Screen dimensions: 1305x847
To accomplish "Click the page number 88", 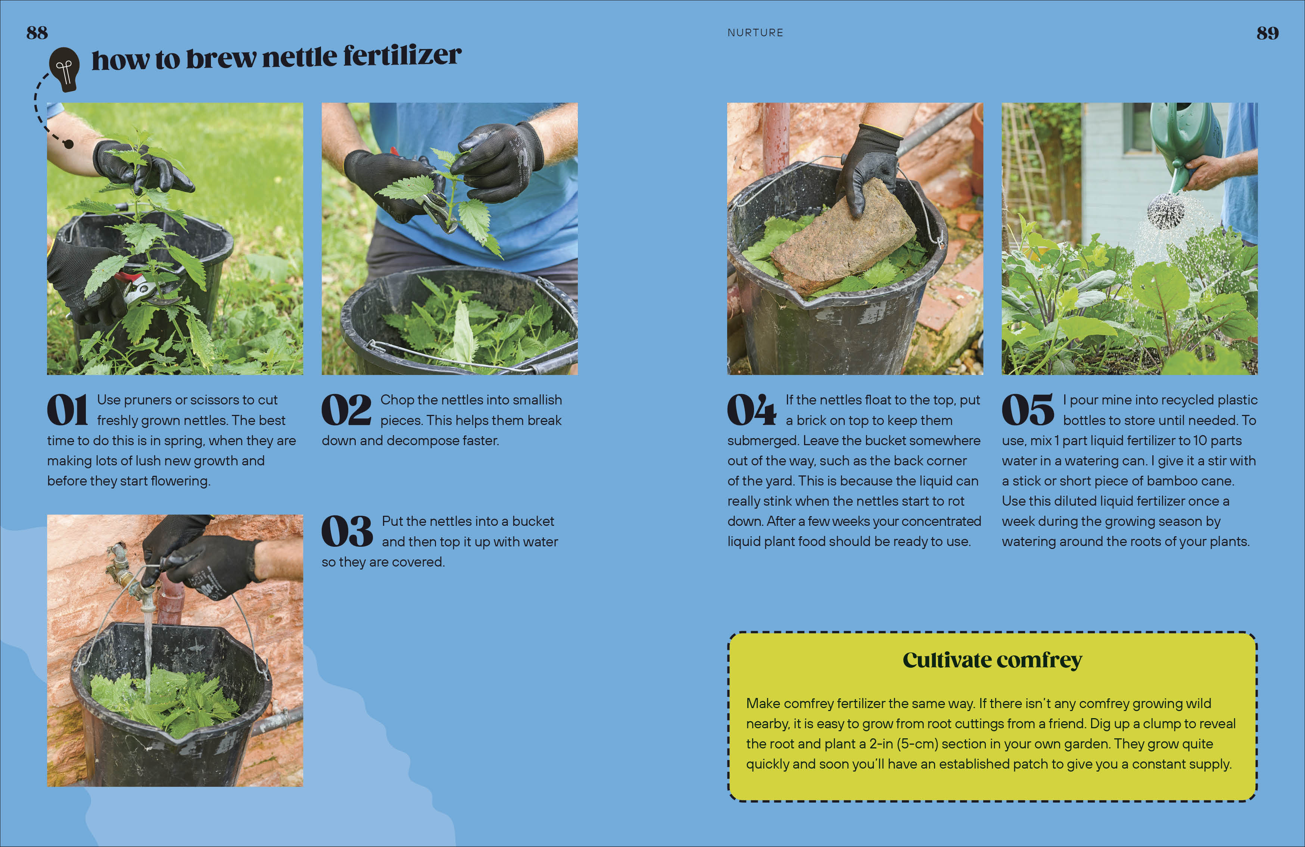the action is [37, 33].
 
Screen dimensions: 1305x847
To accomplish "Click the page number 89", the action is [1267, 33].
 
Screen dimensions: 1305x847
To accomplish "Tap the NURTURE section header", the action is [755, 33].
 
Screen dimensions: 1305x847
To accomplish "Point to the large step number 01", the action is [67, 410].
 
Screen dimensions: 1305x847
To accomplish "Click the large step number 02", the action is [346, 410].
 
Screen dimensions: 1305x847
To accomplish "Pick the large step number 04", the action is [751, 410].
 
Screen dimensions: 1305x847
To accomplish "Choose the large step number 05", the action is [1028, 410].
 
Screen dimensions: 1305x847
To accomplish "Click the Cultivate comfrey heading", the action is [992, 660].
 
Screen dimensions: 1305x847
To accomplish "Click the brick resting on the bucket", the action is [843, 236].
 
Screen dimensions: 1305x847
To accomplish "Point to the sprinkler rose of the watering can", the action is [1166, 212].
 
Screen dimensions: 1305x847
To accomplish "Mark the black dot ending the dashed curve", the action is [69, 144].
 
